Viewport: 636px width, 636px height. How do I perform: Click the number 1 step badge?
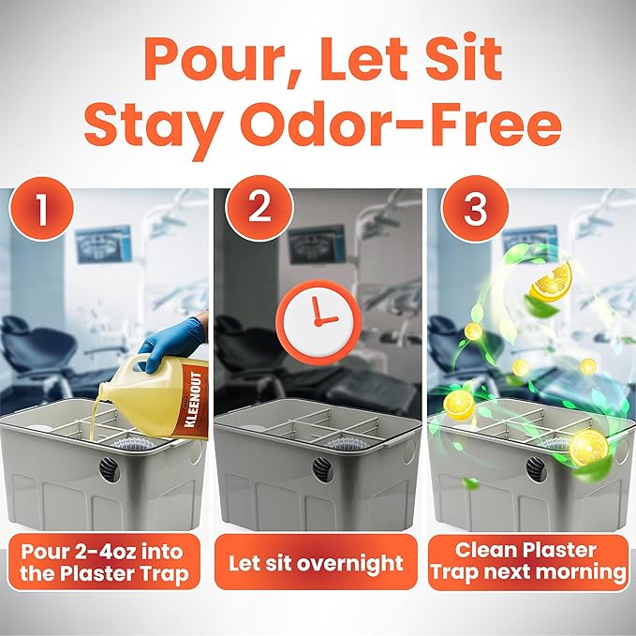point(42,209)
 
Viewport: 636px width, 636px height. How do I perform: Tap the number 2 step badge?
point(259,208)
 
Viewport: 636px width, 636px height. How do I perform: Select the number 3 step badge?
point(475,209)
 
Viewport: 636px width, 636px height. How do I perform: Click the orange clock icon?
point(318,321)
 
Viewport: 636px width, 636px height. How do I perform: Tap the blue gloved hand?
point(173,343)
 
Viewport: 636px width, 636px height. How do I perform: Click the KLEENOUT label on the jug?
point(193,400)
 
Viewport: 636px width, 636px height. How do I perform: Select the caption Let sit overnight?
point(316,563)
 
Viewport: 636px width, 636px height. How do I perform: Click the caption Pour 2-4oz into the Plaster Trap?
point(105,563)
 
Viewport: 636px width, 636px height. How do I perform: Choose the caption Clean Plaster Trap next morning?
point(528,562)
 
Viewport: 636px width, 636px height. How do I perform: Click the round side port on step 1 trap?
point(109,469)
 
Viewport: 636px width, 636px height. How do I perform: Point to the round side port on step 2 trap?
point(323,469)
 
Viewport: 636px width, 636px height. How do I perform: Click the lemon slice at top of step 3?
point(551,281)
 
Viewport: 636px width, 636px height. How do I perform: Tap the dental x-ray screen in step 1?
point(103,244)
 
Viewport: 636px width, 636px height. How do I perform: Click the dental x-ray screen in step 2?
point(317,244)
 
